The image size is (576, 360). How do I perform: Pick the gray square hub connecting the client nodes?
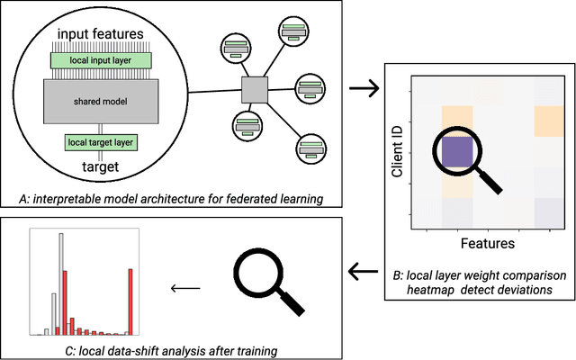[254, 89]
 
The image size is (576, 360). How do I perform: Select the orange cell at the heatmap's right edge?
[547, 121]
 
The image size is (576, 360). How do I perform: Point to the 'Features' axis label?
[488, 242]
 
